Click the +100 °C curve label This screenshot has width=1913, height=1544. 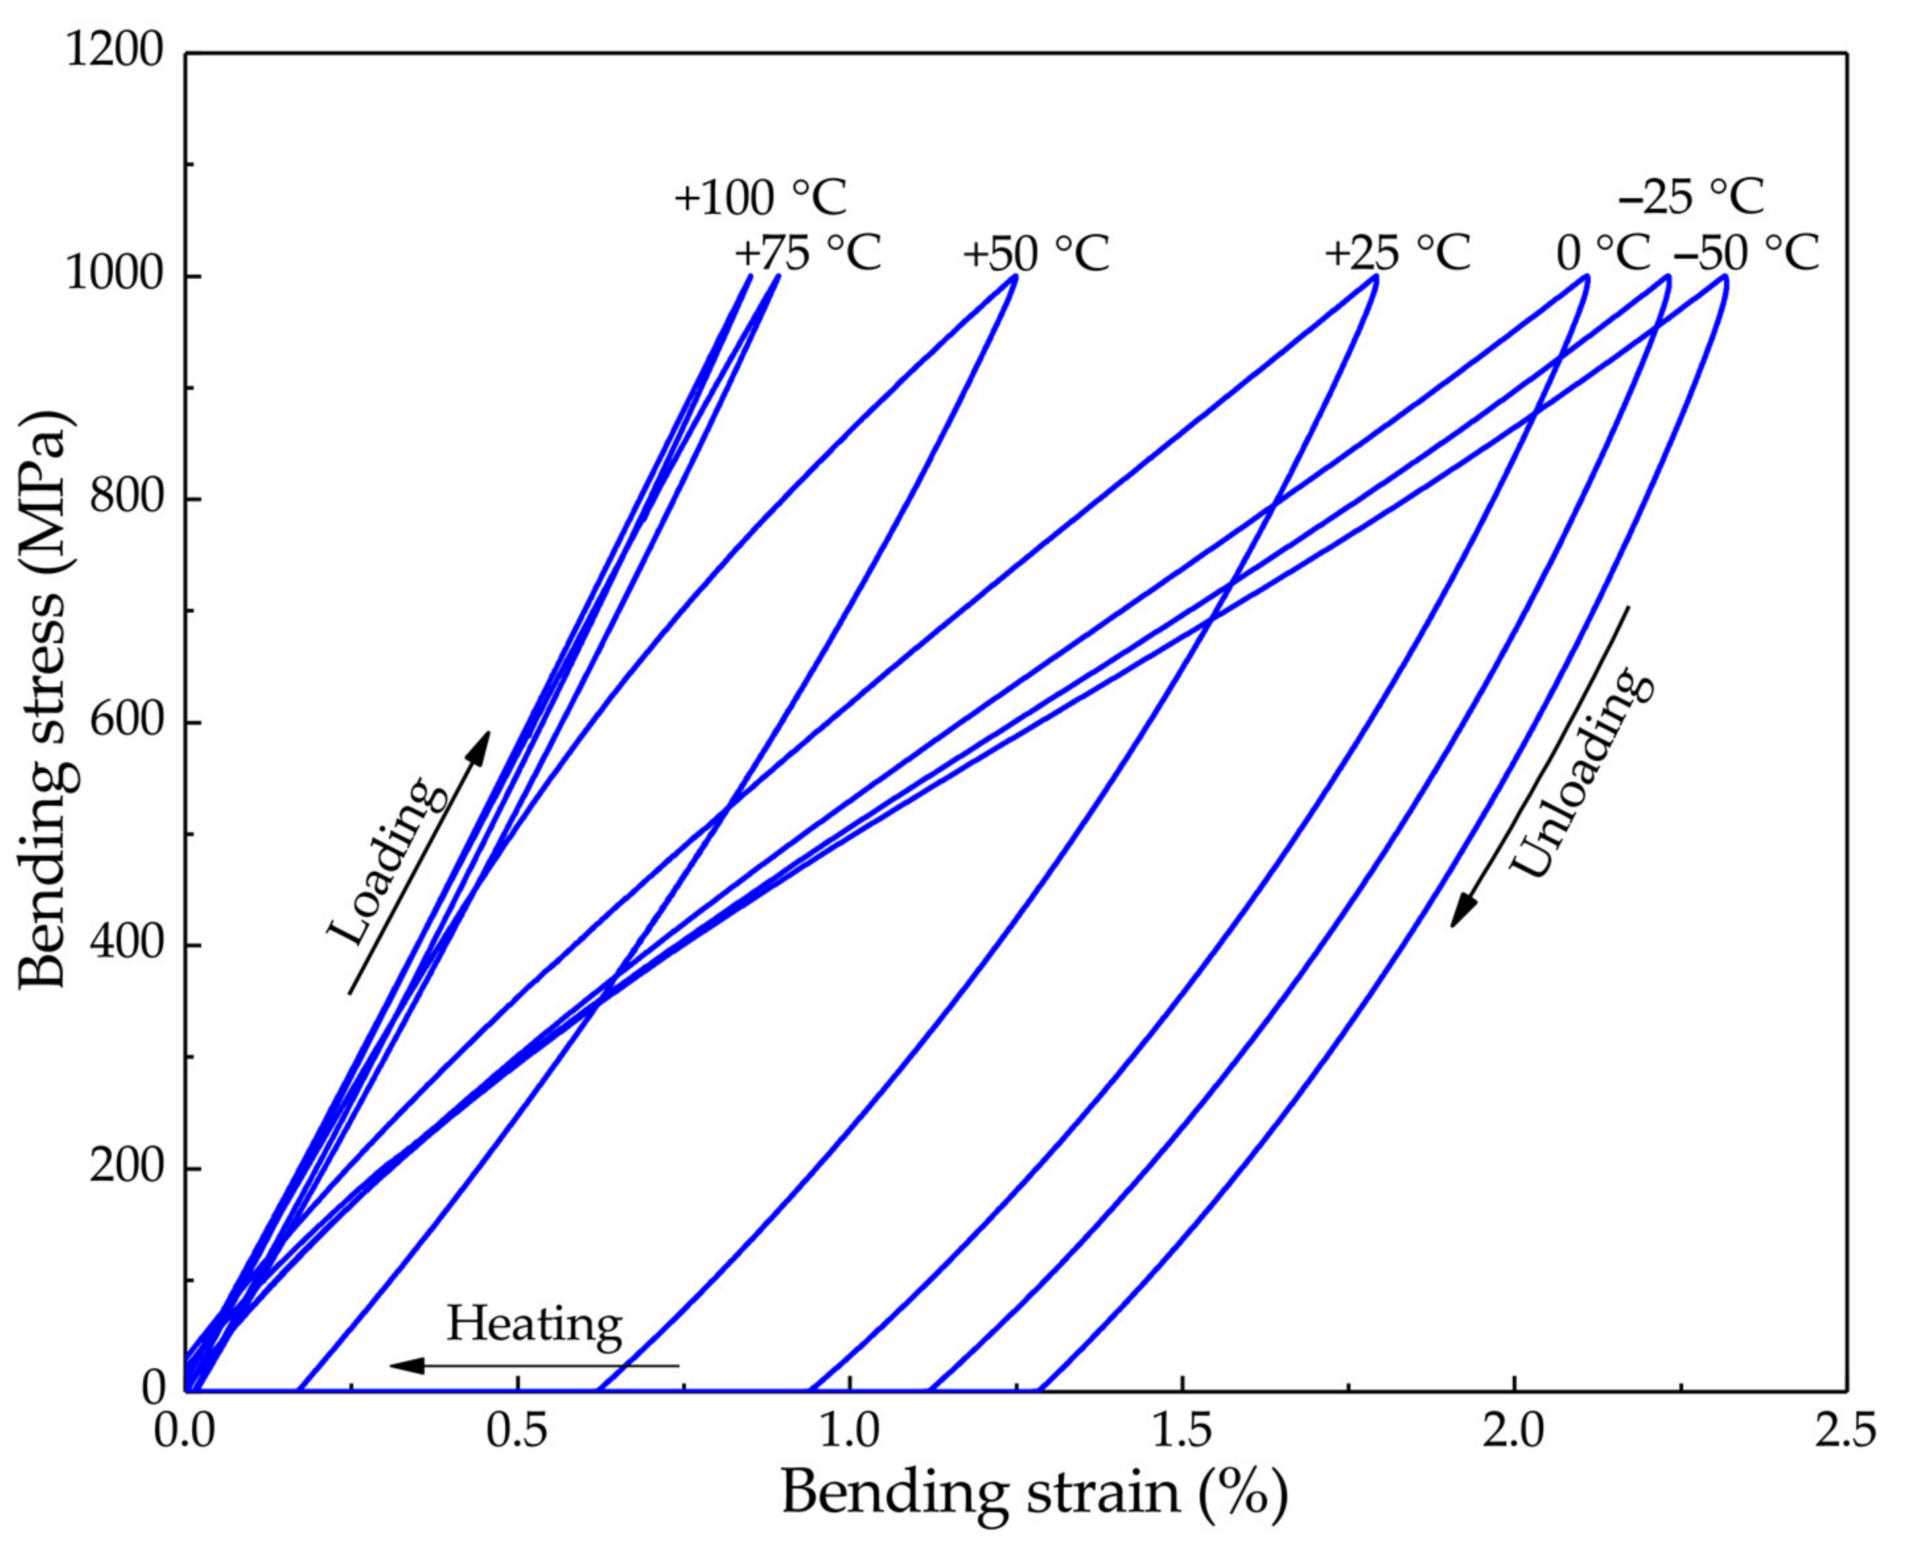[x=761, y=197]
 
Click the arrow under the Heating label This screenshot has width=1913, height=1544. [x=534, y=1364]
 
